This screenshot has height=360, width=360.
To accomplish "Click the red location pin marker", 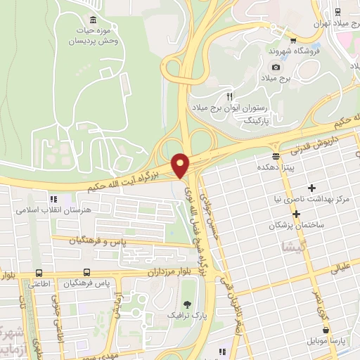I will (x=181, y=165).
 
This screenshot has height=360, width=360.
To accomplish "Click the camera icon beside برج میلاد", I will (x=276, y=67).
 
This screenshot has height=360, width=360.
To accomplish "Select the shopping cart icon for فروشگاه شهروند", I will (x=293, y=39).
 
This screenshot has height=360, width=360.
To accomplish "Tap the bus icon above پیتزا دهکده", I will (x=276, y=155).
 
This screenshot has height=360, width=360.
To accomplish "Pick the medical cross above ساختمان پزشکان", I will (x=296, y=214).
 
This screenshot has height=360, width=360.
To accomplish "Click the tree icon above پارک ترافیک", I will (x=187, y=304).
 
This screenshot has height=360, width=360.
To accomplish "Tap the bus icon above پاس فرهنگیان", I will (x=87, y=272).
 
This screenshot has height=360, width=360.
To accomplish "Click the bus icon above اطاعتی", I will (x=39, y=272).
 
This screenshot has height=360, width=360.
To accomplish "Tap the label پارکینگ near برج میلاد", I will (x=237, y=121).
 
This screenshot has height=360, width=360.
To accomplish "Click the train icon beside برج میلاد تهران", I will (x=338, y=11).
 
